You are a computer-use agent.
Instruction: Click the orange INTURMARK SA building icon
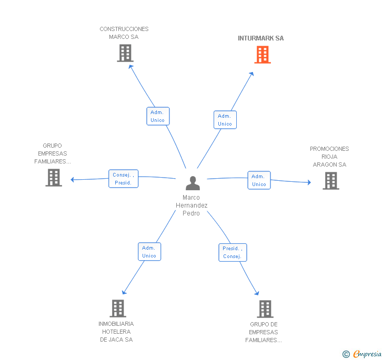click(x=263, y=55)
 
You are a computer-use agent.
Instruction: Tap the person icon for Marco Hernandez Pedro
click(x=193, y=183)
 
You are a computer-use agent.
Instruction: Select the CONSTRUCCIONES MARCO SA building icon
click(x=125, y=53)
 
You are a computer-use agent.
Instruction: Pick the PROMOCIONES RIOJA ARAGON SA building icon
click(x=331, y=181)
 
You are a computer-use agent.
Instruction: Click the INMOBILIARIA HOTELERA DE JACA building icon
click(x=118, y=308)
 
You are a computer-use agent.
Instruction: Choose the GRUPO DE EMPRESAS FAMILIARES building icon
click(x=265, y=308)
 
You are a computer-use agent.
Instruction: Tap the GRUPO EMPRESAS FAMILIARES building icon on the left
click(x=54, y=178)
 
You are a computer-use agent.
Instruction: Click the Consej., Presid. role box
click(x=123, y=179)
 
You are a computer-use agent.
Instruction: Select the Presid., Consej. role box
click(x=233, y=252)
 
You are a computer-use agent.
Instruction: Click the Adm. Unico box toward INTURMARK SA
click(x=225, y=120)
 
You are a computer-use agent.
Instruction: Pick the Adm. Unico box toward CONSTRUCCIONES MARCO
click(x=158, y=116)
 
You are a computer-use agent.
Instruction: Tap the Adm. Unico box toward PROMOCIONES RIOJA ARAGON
click(x=259, y=180)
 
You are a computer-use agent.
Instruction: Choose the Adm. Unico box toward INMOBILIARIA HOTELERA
click(x=149, y=252)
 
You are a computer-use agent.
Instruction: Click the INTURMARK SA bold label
click(x=260, y=38)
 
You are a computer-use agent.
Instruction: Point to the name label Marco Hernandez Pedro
click(x=191, y=205)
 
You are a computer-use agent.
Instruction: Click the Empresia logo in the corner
click(x=362, y=354)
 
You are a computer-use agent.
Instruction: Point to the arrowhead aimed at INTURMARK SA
click(x=251, y=74)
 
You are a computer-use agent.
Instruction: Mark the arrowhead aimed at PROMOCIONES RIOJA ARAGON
click(x=309, y=182)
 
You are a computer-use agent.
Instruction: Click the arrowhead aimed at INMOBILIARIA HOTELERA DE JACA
click(x=124, y=292)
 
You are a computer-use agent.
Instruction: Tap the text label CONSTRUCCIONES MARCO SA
click(x=124, y=33)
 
